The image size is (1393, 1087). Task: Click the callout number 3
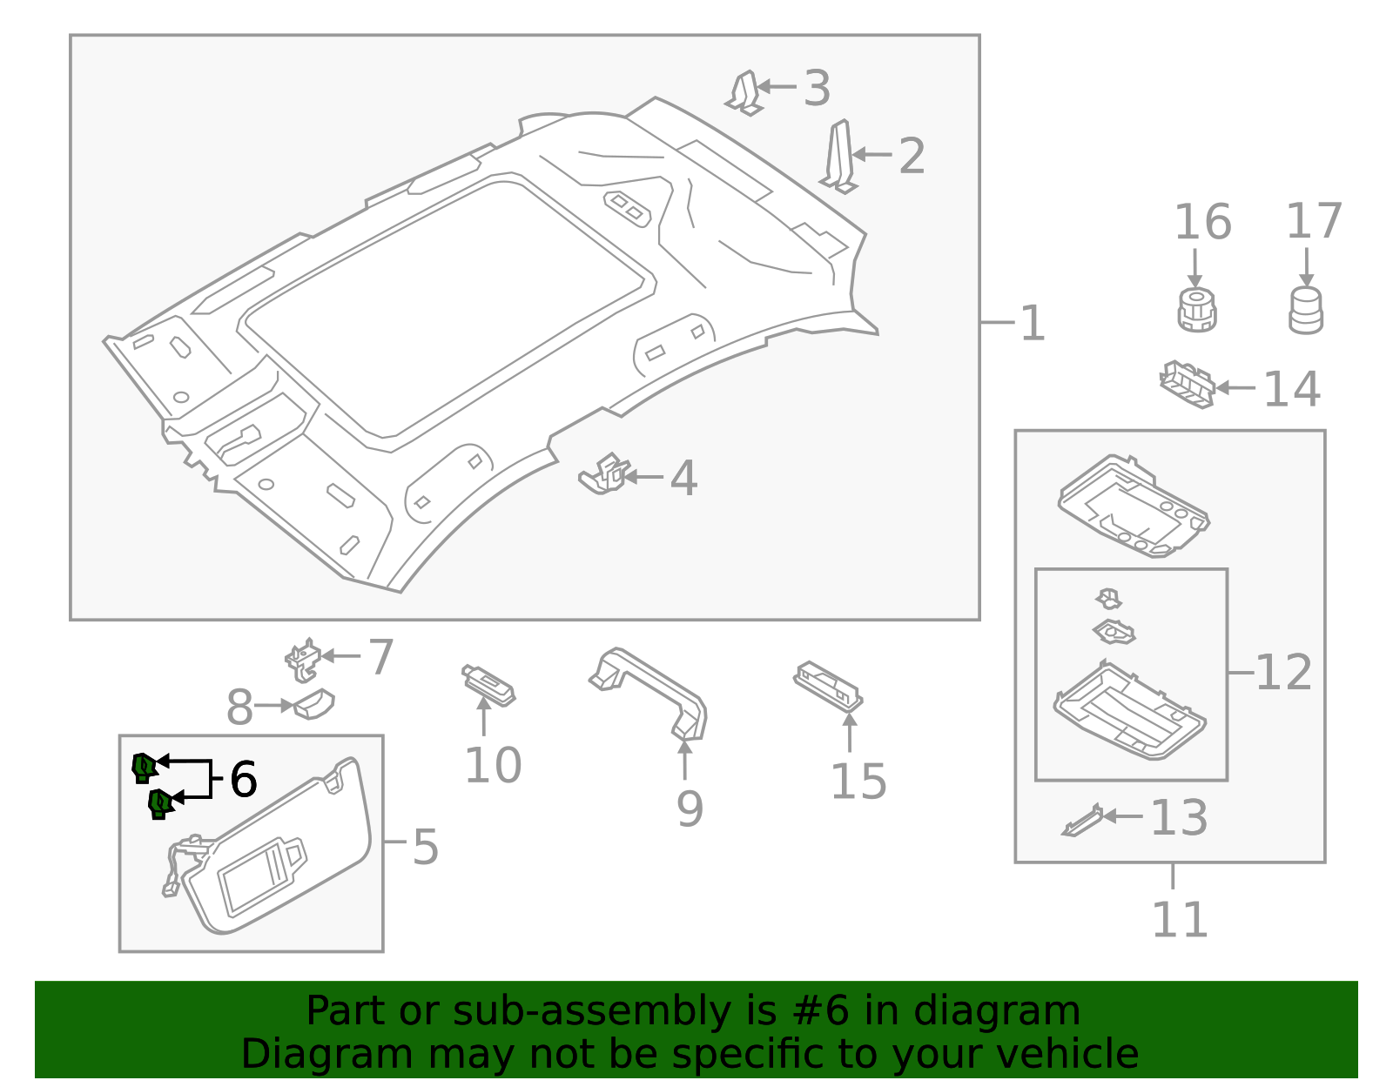(x=817, y=89)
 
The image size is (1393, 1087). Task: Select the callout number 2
(x=912, y=157)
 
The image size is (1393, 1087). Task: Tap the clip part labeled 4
(x=605, y=474)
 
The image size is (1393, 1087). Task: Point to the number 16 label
(x=1202, y=223)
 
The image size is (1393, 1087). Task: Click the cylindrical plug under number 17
(x=1305, y=311)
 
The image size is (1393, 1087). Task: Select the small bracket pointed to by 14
(x=1187, y=384)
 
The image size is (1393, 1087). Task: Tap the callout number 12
(x=1283, y=673)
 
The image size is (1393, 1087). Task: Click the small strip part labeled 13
(x=1082, y=821)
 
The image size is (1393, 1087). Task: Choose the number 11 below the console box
(x=1180, y=920)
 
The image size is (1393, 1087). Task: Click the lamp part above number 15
(x=828, y=685)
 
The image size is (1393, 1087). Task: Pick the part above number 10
(x=488, y=685)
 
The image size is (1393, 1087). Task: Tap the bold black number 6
(x=243, y=779)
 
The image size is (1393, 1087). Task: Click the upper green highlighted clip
(x=144, y=768)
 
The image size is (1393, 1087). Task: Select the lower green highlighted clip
(x=160, y=803)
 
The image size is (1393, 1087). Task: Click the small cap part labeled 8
(x=314, y=704)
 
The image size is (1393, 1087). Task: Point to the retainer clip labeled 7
(x=302, y=661)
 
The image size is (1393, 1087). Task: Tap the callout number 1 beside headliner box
(x=1032, y=324)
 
